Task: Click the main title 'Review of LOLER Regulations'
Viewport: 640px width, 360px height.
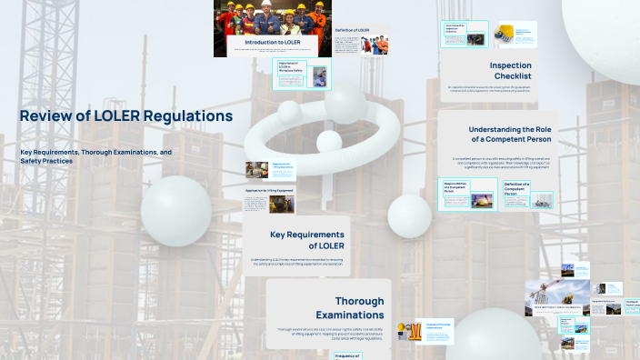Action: [126, 116]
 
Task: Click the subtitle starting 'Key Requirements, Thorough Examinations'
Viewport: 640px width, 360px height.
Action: [95, 155]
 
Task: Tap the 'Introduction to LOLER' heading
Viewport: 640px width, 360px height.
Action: [273, 42]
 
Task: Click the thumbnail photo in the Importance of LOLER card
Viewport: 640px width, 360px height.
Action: [318, 79]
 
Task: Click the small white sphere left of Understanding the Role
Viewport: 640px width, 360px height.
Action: [409, 215]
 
